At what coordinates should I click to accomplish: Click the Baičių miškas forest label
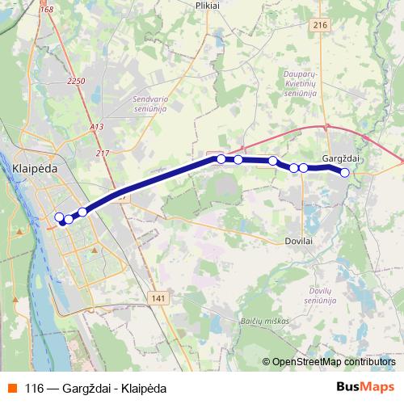[x=263, y=322]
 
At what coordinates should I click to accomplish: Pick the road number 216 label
[x=321, y=26]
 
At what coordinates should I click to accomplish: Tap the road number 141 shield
[x=158, y=298]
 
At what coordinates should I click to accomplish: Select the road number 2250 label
[x=77, y=81]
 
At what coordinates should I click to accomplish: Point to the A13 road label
[x=97, y=127]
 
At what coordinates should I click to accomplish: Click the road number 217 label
[x=102, y=154]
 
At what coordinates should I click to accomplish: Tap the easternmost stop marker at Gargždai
[x=345, y=172]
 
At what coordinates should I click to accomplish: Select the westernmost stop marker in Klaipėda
[x=59, y=217]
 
